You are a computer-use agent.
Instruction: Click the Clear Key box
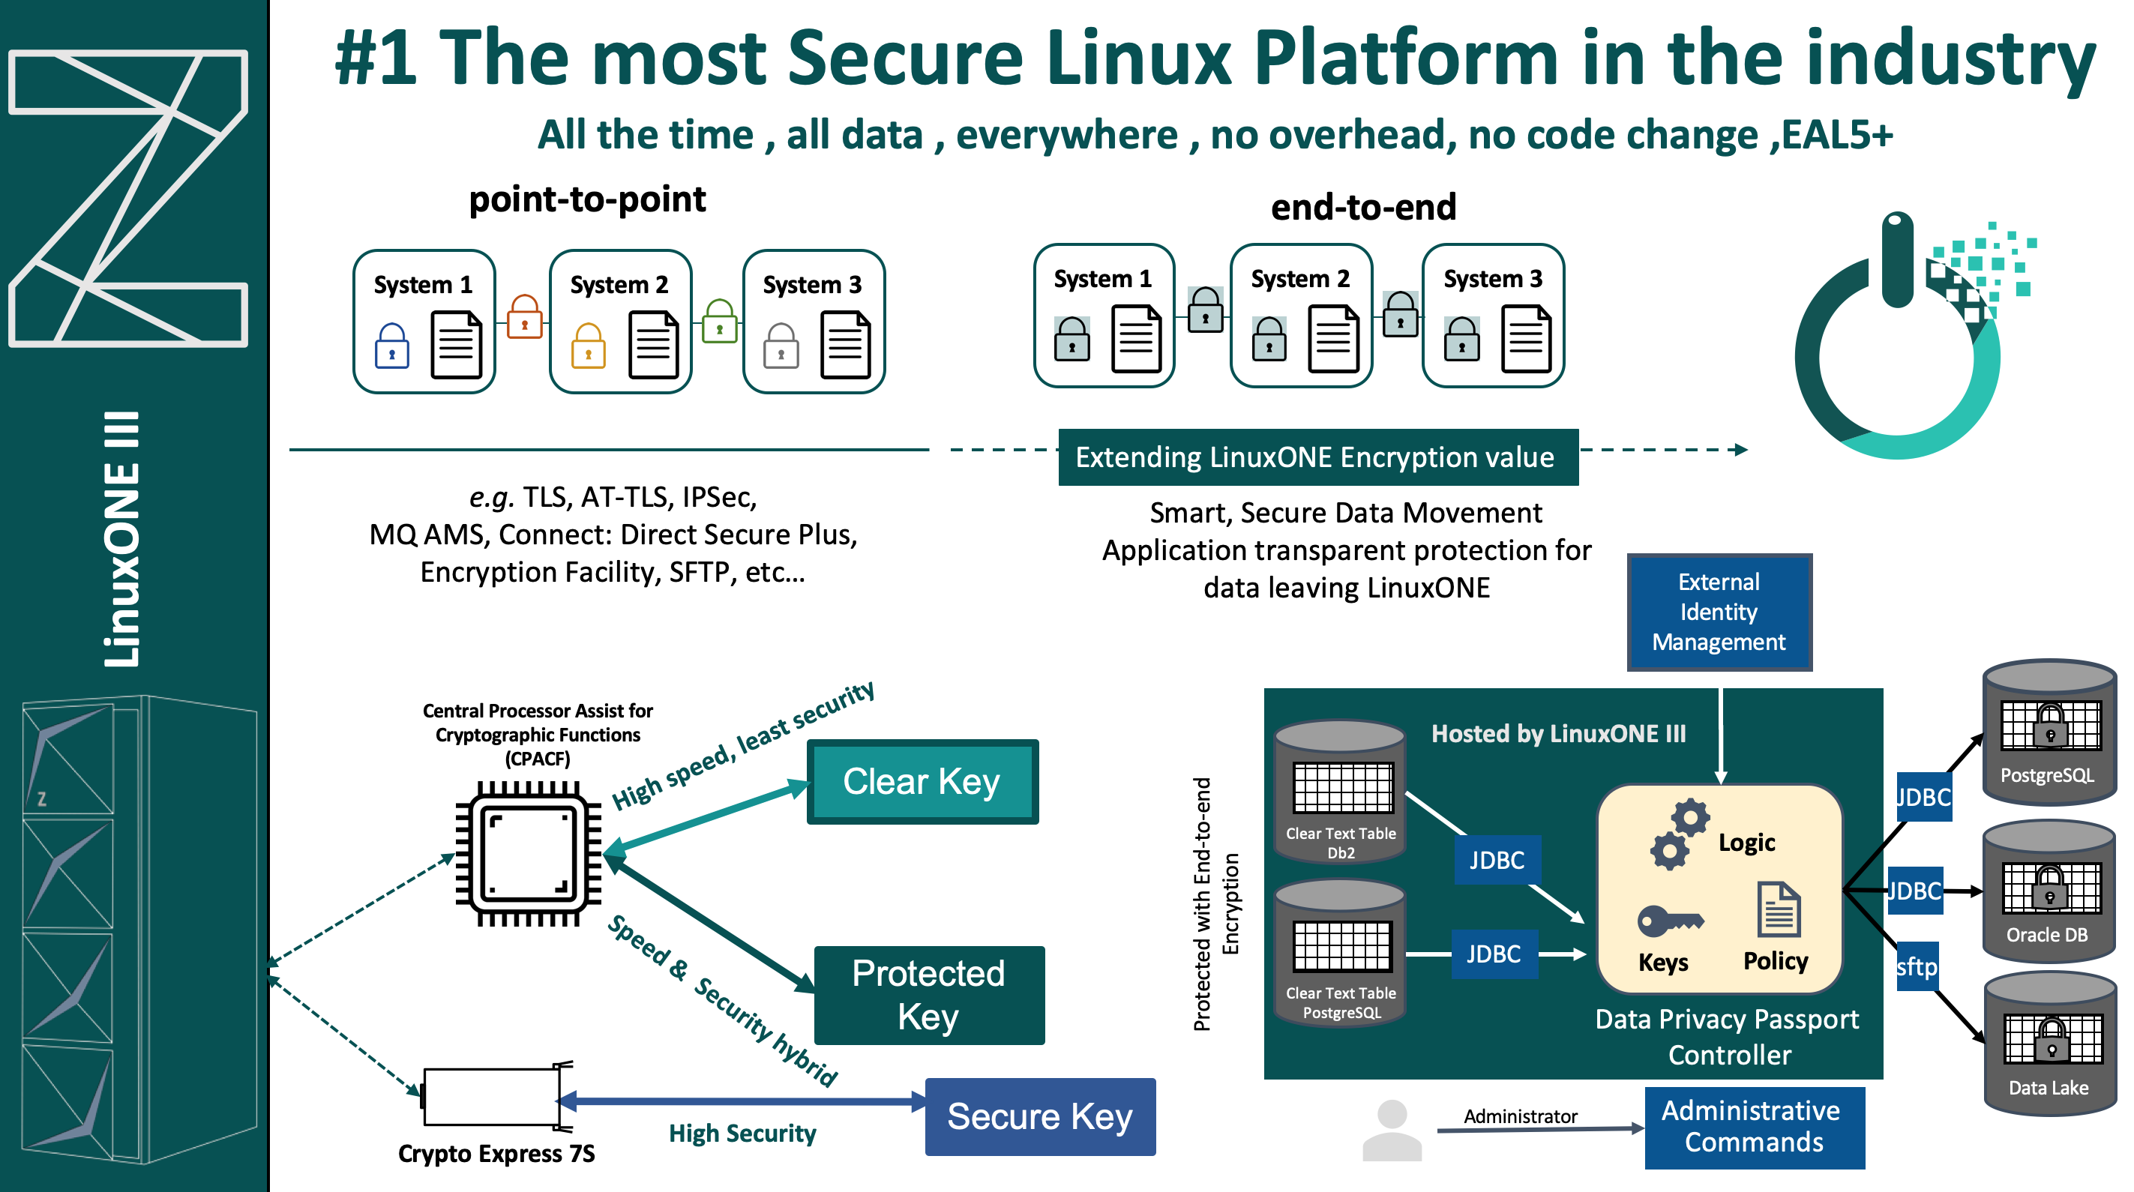point(922,782)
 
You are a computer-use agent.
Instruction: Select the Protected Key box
point(928,995)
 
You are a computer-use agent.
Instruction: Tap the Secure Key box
point(1040,1116)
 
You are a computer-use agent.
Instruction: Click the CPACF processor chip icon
point(529,854)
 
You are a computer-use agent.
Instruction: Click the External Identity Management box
point(1719,612)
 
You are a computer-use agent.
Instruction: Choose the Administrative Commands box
point(1754,1127)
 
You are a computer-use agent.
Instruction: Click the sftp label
point(1916,966)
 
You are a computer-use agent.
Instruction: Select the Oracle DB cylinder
point(2048,891)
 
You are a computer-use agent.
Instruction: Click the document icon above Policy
point(1778,909)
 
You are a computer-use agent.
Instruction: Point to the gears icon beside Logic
point(1678,834)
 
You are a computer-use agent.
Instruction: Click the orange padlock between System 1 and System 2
point(524,317)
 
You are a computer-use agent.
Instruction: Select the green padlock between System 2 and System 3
point(719,322)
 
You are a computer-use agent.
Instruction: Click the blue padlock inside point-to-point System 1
point(392,346)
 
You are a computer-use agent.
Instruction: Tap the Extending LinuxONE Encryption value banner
point(1317,457)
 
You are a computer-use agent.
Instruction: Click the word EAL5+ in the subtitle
point(1836,135)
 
